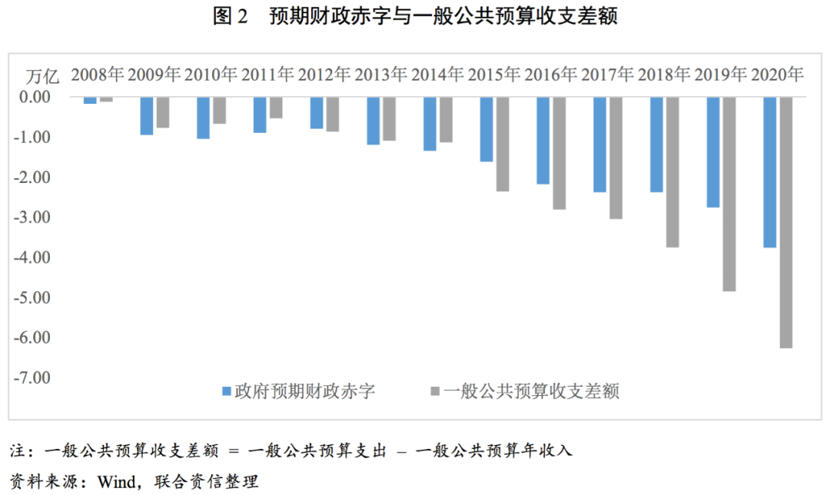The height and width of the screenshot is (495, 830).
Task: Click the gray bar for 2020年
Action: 785,223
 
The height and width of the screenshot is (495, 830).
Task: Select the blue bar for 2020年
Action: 769,172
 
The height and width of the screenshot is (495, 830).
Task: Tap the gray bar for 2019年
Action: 729,194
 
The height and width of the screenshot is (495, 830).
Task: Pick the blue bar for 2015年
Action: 486,129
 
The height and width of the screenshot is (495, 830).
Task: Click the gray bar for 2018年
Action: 672,172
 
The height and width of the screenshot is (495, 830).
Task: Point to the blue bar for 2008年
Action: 90,101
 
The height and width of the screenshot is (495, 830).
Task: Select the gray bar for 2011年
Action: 276,108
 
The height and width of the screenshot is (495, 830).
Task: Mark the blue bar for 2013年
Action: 373,121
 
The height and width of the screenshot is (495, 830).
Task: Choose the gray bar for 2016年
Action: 559,153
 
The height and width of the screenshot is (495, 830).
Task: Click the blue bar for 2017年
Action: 599,145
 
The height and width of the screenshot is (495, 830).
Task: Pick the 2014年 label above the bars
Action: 437,75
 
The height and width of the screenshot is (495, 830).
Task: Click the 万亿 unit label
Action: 42,76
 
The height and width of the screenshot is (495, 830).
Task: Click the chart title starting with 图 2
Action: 415,16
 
